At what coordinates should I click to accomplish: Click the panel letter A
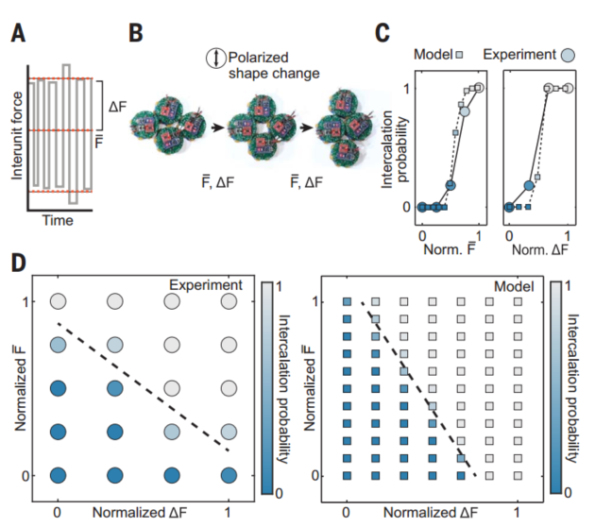pyautogui.click(x=18, y=36)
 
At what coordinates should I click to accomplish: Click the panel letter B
pyautogui.click(x=136, y=36)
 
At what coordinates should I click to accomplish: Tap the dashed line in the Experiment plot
pyautogui.click(x=142, y=385)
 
